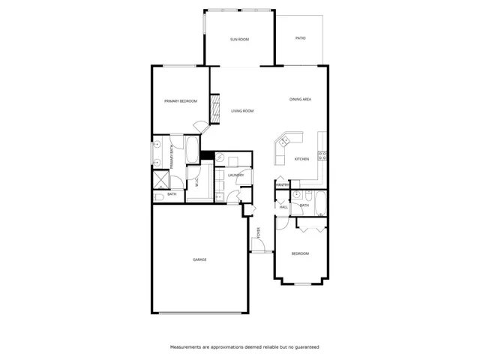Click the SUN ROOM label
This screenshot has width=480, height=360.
[239, 39]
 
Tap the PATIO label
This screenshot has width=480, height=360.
[300, 37]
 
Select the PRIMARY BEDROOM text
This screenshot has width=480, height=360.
[181, 101]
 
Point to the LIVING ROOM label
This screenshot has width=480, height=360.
[242, 111]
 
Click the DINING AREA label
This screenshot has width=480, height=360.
[301, 99]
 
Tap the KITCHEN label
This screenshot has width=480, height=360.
[301, 159]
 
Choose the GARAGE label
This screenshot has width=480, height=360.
[199, 259]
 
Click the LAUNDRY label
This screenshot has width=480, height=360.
[236, 175]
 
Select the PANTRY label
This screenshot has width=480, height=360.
[282, 184]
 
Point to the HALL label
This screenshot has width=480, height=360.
[283, 206]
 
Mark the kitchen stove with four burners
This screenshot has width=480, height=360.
[322, 156]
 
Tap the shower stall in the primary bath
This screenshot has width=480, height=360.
[161, 179]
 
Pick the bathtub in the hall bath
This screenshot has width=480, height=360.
[320, 202]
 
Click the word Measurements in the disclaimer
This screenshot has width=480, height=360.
[184, 347]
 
